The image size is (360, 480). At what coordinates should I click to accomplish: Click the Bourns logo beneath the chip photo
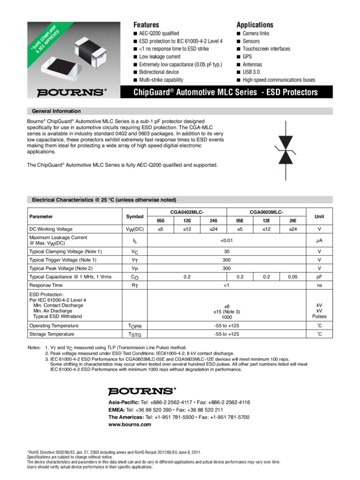[x=71, y=91]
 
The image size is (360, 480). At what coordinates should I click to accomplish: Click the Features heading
[x=146, y=25]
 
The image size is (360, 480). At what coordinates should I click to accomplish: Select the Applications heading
[x=254, y=25]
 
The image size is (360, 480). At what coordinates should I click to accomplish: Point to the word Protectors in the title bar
[x=297, y=92]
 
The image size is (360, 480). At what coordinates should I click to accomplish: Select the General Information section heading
[x=56, y=111]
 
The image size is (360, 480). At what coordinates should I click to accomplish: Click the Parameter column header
[x=42, y=216]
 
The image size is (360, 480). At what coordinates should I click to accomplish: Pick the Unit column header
[x=319, y=216]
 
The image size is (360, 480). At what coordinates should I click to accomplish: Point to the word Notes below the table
[x=34, y=347]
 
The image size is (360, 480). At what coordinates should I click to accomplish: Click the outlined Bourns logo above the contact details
[x=142, y=390]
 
